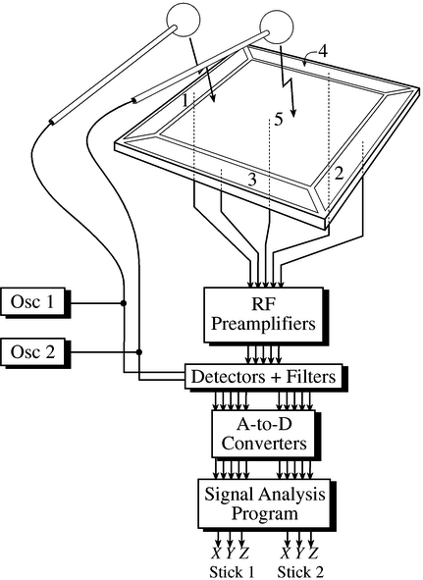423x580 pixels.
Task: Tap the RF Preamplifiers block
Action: click(x=264, y=315)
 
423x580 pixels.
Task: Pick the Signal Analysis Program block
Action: click(x=264, y=503)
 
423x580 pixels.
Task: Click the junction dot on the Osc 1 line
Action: click(x=124, y=303)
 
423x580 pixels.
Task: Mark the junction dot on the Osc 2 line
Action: click(x=139, y=351)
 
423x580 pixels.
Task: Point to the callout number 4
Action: click(x=323, y=51)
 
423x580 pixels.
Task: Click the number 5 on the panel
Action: click(x=279, y=119)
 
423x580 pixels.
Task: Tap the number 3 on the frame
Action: click(x=252, y=180)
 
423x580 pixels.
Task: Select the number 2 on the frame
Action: click(x=339, y=173)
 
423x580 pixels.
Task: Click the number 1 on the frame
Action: click(x=185, y=100)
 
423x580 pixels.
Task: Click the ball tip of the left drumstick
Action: click(x=184, y=20)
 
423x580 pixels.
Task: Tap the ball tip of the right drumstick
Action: click(x=277, y=26)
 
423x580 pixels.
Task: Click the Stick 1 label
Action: click(x=232, y=572)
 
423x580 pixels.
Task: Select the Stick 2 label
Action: click(x=300, y=572)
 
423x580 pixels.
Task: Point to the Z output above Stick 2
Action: click(x=313, y=554)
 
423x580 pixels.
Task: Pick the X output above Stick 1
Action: click(x=217, y=554)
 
